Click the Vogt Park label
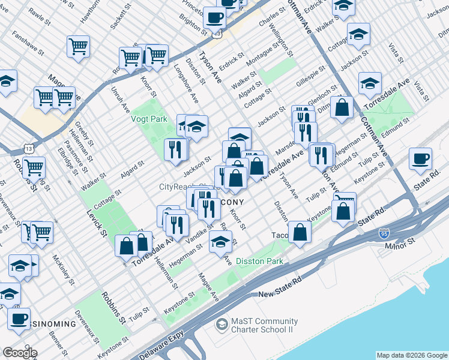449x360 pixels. click(149, 119)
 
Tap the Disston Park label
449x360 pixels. click(259, 261)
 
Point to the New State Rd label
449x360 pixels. click(282, 294)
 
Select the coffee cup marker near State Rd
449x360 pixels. click(421, 159)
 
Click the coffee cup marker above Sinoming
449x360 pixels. click(19, 319)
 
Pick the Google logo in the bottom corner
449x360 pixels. click(20, 353)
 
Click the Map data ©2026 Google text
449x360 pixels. click(411, 355)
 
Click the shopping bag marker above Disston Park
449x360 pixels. click(300, 232)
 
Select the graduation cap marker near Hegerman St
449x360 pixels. click(220, 241)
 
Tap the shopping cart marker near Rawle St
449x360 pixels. click(79, 46)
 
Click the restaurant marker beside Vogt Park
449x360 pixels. click(175, 149)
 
